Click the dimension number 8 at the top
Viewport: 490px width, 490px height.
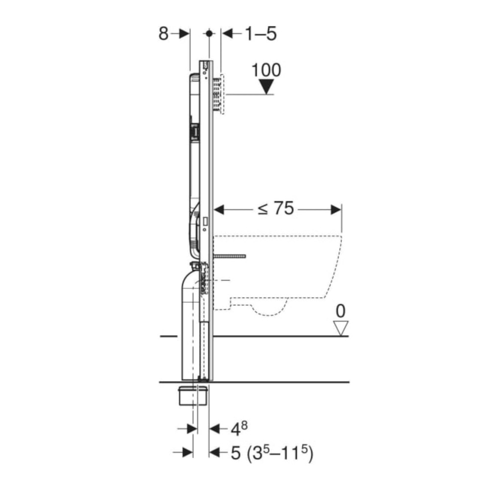(x=164, y=33)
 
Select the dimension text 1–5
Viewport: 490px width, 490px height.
(x=261, y=33)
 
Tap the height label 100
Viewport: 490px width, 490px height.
(x=266, y=70)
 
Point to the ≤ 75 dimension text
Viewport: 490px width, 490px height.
(x=276, y=208)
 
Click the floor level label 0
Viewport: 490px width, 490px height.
(x=341, y=311)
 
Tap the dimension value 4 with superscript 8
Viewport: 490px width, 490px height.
(x=239, y=428)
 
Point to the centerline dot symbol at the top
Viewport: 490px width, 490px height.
(x=209, y=33)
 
